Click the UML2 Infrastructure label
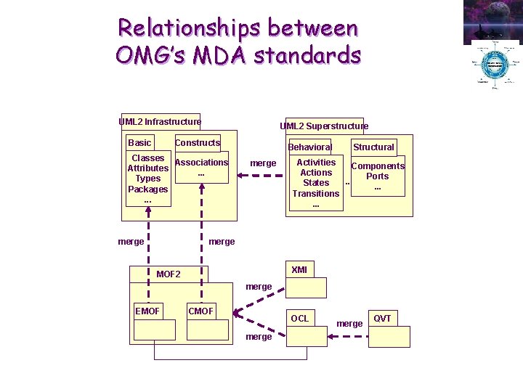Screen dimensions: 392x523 coord(160,122)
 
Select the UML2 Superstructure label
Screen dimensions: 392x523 coord(324,126)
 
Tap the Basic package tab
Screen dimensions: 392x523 coord(139,143)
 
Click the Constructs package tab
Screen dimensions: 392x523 coord(198,143)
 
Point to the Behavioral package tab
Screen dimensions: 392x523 coord(309,147)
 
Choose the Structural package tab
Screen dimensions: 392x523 coord(373,147)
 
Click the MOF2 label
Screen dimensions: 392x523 coord(169,274)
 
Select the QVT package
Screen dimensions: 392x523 coord(389,329)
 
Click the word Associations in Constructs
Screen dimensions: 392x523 coord(202,163)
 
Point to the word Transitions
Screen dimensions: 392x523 coord(316,194)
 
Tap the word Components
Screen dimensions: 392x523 coord(378,166)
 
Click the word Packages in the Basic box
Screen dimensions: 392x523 coord(147,189)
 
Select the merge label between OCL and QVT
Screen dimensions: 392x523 coord(349,324)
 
